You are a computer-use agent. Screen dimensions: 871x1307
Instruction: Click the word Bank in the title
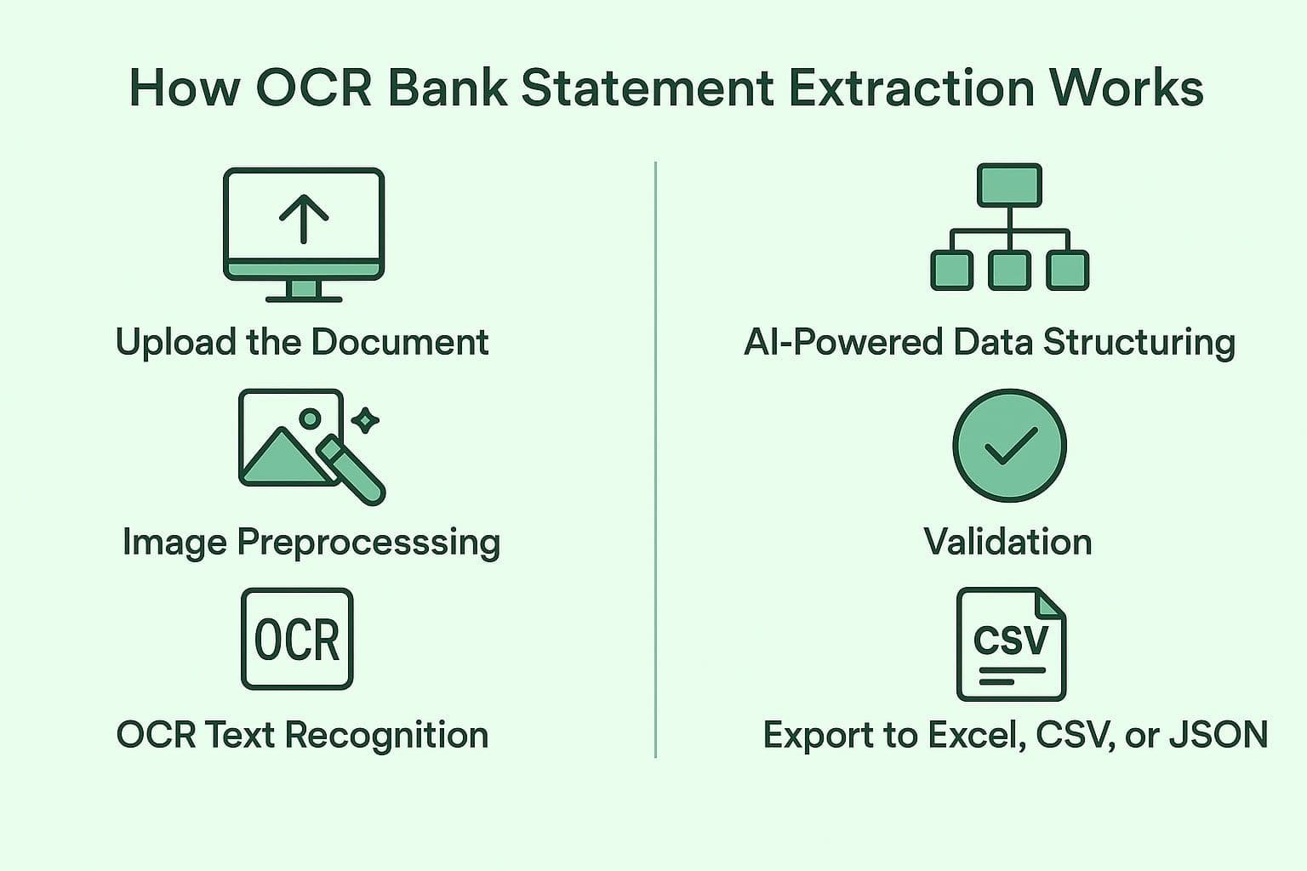click(x=447, y=88)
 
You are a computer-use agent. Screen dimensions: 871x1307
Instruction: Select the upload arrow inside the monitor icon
click(x=304, y=218)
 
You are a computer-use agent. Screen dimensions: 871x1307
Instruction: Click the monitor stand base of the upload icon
click(x=304, y=298)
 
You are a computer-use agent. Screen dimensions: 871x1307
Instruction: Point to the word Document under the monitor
click(x=399, y=342)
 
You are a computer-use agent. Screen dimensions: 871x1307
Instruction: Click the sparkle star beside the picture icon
click(x=366, y=419)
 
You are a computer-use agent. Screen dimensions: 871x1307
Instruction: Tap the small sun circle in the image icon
click(x=311, y=418)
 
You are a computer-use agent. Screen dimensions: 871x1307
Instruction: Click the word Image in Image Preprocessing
click(x=174, y=542)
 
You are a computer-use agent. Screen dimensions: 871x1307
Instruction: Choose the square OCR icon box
click(x=297, y=639)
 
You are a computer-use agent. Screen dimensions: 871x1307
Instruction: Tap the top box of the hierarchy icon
click(x=1009, y=185)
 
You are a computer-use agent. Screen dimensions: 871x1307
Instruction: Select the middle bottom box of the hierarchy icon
click(x=1009, y=270)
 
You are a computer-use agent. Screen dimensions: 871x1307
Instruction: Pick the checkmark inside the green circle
click(x=1009, y=446)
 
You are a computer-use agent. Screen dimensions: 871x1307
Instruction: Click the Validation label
click(x=1007, y=542)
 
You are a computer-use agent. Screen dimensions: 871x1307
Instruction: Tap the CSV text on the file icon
click(x=1010, y=640)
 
